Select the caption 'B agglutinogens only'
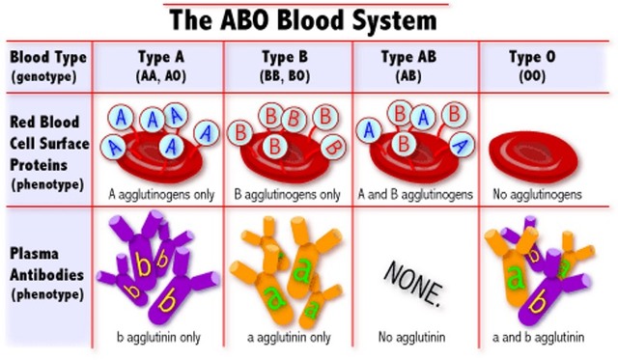click(x=287, y=194)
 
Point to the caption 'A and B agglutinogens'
click(x=414, y=194)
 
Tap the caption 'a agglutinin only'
click(x=287, y=337)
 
